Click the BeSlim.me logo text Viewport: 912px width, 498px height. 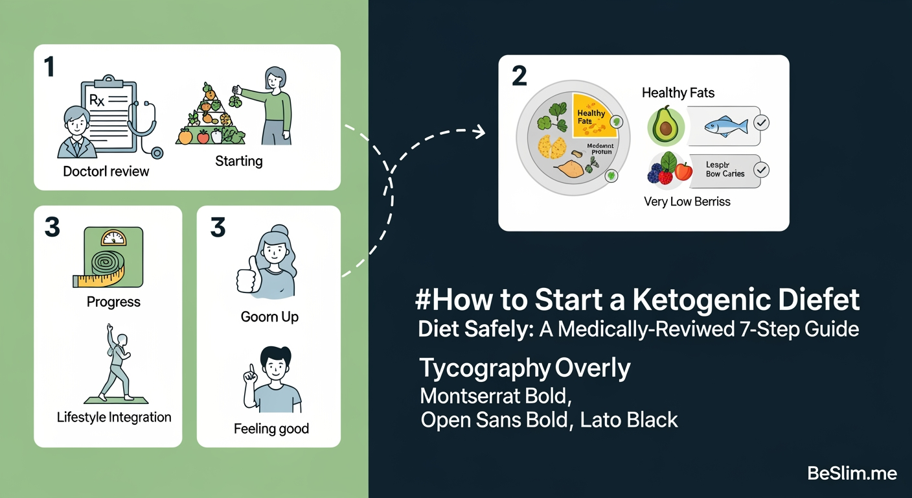tap(852, 474)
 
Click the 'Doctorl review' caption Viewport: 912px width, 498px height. tap(106, 172)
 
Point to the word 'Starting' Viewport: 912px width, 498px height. tap(238, 161)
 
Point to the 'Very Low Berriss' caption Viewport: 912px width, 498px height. tap(687, 202)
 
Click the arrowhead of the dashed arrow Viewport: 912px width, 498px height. tap(480, 132)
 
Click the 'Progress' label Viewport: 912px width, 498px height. tap(113, 302)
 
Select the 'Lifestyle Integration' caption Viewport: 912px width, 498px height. tap(114, 417)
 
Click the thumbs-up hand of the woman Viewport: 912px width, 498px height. tap(245, 280)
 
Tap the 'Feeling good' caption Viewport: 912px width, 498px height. tap(271, 429)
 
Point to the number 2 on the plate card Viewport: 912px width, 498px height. tap(519, 77)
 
